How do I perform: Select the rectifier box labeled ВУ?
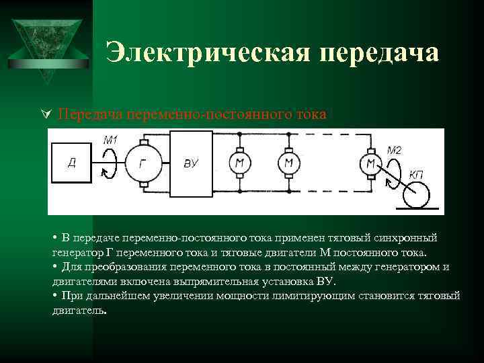[x=192, y=163]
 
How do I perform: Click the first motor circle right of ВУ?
[x=239, y=163]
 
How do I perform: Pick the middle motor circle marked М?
[x=288, y=163]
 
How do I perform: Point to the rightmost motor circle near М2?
[x=369, y=163]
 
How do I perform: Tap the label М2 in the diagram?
[x=394, y=150]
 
